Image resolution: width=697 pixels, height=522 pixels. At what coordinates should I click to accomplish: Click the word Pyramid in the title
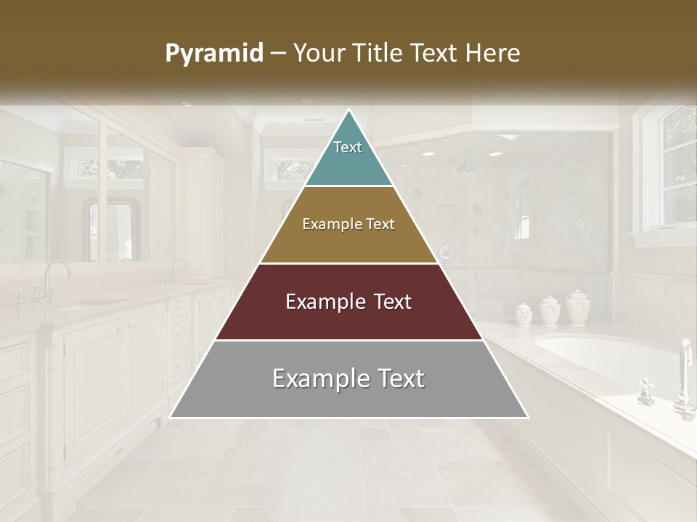pos(214,54)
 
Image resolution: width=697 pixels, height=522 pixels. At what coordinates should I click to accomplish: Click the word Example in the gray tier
pos(318,378)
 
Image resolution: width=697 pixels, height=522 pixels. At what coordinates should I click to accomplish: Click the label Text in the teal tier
pos(348,147)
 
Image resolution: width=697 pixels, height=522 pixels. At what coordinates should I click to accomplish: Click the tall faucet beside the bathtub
pos(684,377)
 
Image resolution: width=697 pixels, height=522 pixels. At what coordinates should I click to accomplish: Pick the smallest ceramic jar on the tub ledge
pos(523,314)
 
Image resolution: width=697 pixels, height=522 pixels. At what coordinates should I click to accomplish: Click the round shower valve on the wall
pos(447,253)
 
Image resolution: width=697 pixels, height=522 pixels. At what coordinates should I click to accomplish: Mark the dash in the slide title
pos(280,54)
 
